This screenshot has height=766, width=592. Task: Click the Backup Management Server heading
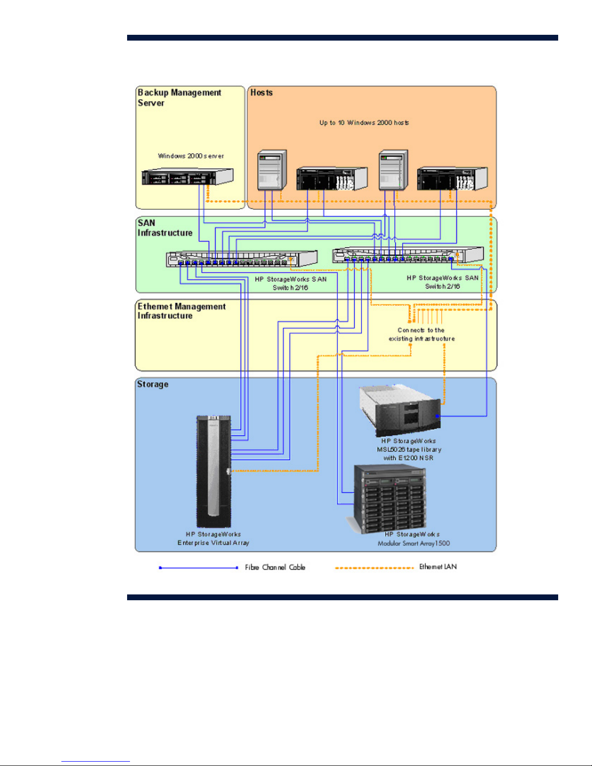tap(179, 98)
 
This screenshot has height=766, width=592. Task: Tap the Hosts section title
tap(261, 92)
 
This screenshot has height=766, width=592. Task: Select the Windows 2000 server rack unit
tap(188, 176)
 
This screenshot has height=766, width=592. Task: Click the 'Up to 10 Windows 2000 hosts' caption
tap(364, 123)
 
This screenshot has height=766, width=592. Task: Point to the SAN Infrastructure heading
tap(165, 228)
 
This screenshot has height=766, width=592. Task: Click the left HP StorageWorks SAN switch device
tap(242, 260)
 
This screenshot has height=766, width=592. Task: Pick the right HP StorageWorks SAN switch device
tap(408, 255)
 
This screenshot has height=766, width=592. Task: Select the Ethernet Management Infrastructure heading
tap(181, 311)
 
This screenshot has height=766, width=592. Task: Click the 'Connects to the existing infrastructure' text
tap(421, 334)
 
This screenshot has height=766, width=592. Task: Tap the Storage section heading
tap(153, 384)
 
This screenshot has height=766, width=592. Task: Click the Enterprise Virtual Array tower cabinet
tap(213, 471)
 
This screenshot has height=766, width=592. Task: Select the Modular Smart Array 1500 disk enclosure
tap(389, 499)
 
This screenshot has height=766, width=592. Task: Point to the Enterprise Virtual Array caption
tap(213, 538)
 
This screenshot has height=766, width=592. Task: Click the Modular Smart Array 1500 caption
tap(413, 539)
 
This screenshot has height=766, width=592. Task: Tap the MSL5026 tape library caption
tap(409, 449)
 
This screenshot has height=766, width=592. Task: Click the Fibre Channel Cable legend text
tap(275, 567)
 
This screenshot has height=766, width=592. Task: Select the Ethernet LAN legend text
tap(438, 567)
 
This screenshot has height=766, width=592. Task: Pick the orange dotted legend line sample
tap(375, 568)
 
